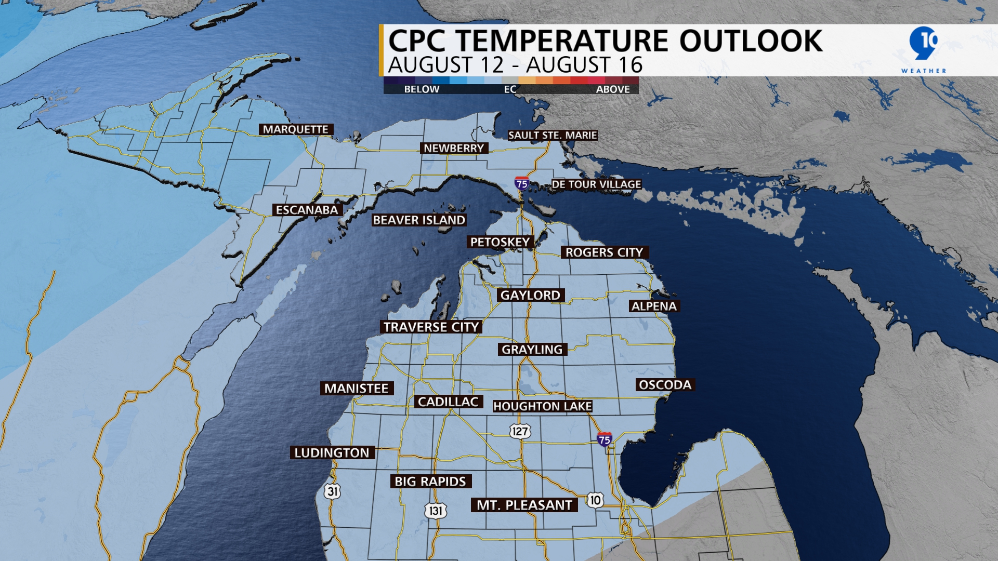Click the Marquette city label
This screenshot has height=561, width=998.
pos(296,129)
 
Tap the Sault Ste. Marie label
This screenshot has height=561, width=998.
pos(553,136)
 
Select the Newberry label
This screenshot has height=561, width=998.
pos(454,149)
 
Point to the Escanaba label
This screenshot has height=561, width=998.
pos(307,210)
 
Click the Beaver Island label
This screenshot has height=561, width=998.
pos(419,220)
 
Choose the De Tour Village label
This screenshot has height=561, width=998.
pos(596,184)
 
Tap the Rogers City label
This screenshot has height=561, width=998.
pos(604,252)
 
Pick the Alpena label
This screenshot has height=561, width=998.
pos(654,306)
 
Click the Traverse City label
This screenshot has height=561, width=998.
pos(431,327)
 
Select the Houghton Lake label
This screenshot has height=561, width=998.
pos(542,406)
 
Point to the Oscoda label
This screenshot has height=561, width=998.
pos(665,385)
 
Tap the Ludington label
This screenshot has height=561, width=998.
pos(332,453)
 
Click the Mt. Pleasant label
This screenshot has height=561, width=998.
pos(524,505)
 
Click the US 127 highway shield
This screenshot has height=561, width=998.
pos(519,431)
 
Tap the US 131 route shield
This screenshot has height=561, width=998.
pos(436,511)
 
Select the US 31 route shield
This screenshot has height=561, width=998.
pos(333,491)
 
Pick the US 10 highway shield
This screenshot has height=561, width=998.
pos(595,500)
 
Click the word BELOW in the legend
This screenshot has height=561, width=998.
pos(422,89)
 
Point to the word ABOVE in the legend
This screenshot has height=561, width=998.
pos(613,89)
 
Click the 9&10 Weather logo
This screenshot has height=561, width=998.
pos(924,49)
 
